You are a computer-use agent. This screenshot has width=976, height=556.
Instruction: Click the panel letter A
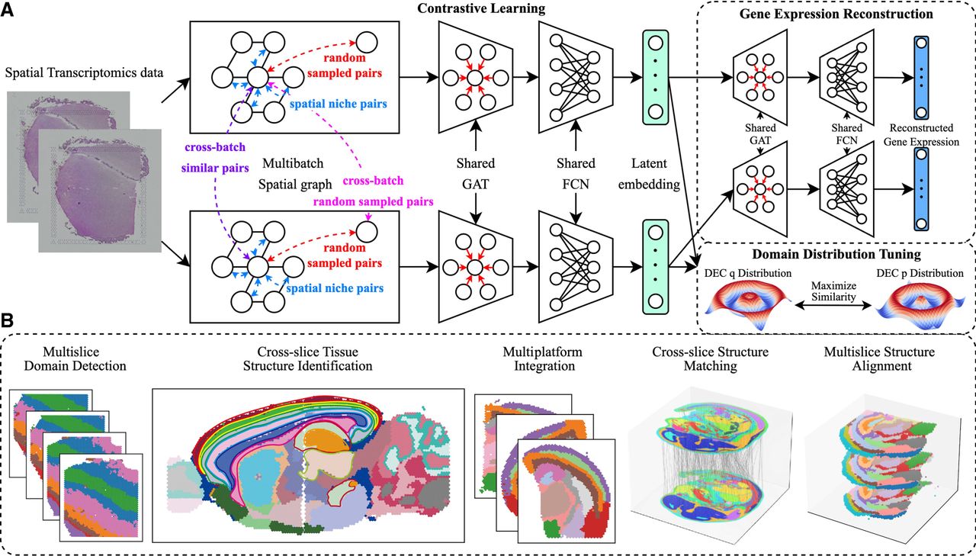7,9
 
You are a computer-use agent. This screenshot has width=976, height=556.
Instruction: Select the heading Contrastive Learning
481,8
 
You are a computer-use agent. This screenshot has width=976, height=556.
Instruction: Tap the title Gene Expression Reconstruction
836,14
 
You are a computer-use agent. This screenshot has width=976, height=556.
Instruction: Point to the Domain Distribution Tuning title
836,254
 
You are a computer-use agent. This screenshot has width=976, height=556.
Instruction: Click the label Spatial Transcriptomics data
84,72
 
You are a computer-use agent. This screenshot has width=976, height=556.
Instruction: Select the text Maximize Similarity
833,291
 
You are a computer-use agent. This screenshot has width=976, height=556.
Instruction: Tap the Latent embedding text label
649,174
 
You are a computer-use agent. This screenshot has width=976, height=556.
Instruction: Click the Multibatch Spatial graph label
295,174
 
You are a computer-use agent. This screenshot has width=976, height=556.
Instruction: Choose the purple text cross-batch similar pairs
215,157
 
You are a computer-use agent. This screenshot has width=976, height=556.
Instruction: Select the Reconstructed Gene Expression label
921,135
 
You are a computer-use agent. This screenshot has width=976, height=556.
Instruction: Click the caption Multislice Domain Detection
75,358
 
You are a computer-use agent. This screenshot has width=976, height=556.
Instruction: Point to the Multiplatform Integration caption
542,358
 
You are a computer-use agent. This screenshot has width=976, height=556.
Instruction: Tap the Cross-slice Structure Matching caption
710,358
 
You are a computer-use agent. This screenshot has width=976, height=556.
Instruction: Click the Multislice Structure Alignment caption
879,358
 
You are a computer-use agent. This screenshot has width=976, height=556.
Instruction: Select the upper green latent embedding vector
655,78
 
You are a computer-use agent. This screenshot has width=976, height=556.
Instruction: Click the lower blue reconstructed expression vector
921,189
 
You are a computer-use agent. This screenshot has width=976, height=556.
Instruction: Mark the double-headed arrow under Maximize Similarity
833,306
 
